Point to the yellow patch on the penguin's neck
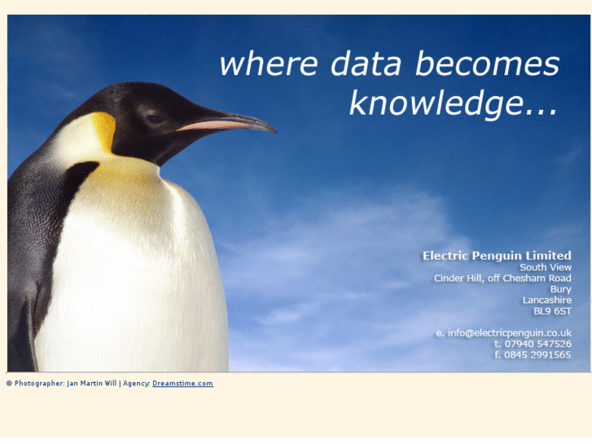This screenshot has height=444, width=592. (x=104, y=130)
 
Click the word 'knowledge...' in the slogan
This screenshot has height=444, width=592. (x=453, y=103)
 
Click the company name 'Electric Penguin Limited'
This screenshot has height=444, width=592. (x=497, y=256)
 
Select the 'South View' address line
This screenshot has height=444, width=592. (x=546, y=267)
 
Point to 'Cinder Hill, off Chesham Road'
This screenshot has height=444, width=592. (x=502, y=279)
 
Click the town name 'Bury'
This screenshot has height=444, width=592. (x=560, y=289)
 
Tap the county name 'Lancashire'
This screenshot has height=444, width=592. (x=546, y=300)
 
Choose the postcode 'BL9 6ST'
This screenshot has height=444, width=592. (x=552, y=311)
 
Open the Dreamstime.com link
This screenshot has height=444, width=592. (x=182, y=384)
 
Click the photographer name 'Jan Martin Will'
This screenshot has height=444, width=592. (x=92, y=384)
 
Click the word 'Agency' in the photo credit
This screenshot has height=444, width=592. (x=136, y=384)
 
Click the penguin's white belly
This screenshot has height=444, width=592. (x=130, y=277)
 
